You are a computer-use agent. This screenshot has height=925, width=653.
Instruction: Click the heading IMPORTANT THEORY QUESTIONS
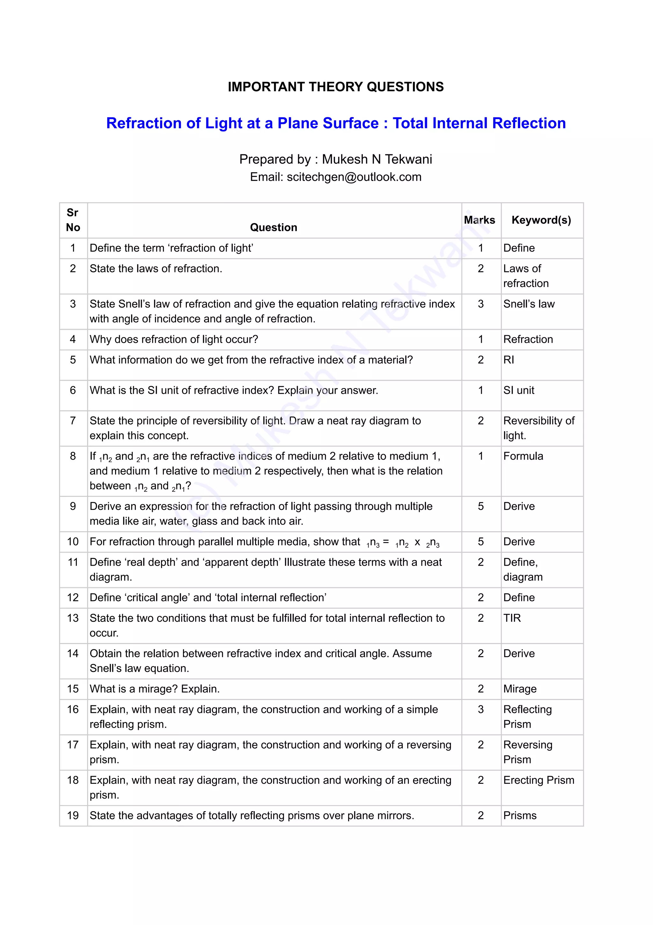[x=335, y=87]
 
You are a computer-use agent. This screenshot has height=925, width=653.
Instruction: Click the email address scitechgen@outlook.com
[x=354, y=177]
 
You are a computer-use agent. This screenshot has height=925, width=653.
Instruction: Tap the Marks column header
[x=479, y=220]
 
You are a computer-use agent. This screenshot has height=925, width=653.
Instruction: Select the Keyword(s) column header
[x=541, y=220]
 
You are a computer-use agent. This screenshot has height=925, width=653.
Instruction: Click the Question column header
[x=274, y=227]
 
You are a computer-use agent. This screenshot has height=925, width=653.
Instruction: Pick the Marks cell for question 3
[x=481, y=304]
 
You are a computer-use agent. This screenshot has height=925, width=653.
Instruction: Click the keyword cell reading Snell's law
[x=529, y=304]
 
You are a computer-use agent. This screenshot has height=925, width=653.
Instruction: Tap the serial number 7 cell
[x=73, y=421]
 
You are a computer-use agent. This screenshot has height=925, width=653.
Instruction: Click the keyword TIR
[x=512, y=618]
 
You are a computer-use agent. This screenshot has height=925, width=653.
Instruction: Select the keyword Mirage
[x=520, y=689]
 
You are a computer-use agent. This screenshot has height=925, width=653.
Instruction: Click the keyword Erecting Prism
[x=539, y=780]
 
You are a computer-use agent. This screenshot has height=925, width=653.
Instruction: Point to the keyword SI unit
[x=518, y=390]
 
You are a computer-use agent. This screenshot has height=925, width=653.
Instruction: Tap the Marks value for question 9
[x=481, y=506]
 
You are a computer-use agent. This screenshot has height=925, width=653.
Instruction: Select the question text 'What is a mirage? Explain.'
[x=154, y=689]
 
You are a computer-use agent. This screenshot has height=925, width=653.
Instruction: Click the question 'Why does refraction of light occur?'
[x=174, y=339]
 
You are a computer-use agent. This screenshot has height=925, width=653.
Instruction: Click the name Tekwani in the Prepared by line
[x=408, y=159]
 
